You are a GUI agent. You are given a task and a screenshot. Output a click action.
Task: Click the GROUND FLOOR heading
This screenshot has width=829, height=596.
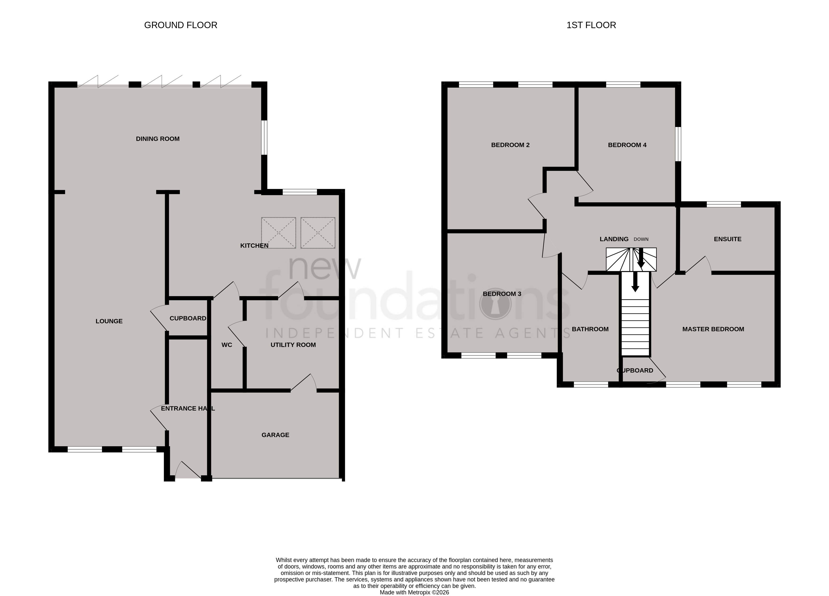tap(181, 25)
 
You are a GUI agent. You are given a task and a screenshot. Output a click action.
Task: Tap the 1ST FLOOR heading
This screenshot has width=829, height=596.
tap(591, 25)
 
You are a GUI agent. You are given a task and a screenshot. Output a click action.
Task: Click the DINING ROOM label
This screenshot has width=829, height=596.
tap(157, 139)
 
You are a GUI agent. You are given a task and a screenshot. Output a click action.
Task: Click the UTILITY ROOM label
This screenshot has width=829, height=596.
tap(293, 345)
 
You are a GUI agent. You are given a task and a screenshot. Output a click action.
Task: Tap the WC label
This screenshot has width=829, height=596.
tap(227, 345)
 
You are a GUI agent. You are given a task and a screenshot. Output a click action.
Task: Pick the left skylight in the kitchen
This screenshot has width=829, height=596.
tap(278, 233)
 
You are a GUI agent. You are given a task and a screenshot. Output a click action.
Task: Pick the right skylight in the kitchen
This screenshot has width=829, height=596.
tap(318, 233)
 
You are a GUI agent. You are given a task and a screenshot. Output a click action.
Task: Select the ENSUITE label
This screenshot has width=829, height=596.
tap(727, 239)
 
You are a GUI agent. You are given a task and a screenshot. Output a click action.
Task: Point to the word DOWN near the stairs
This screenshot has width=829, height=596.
tap(641, 240)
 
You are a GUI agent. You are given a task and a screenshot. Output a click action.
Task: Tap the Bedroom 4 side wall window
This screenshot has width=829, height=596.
tap(678, 144)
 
